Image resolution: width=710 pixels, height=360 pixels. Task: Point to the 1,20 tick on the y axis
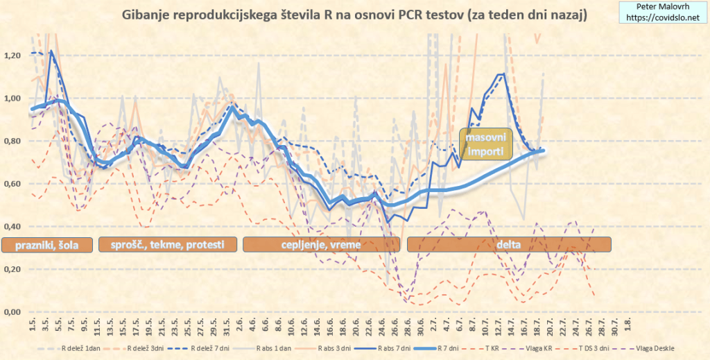point(14,55)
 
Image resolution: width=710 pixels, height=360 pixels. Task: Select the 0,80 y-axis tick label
point(14,141)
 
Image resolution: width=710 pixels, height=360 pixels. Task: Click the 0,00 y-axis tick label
point(14,312)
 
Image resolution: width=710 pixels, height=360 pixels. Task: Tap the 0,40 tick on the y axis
point(14,227)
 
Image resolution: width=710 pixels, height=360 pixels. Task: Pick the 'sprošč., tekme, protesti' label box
point(168,244)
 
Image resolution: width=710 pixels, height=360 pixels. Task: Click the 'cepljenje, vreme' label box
point(321,244)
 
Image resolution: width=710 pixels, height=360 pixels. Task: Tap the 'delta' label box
point(509,244)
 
